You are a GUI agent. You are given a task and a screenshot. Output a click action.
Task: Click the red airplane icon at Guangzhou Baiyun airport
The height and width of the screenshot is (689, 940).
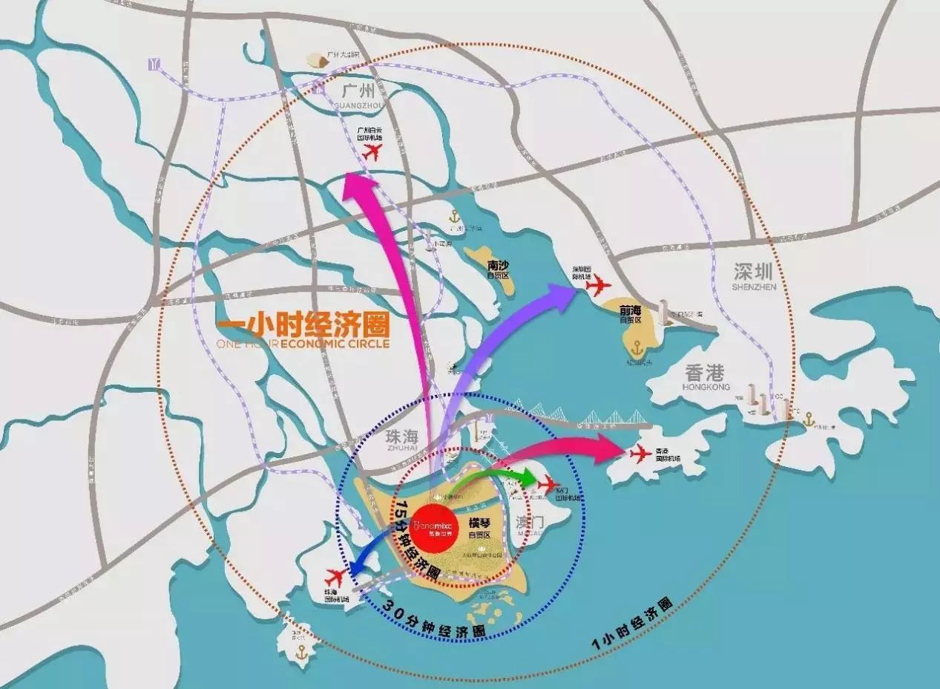pyautogui.click(x=372, y=152)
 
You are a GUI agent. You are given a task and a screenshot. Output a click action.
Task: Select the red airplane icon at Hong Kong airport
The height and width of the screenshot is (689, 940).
pyautogui.click(x=640, y=452)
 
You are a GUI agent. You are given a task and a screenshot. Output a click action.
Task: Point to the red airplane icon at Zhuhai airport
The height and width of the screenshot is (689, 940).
pyautogui.click(x=335, y=576)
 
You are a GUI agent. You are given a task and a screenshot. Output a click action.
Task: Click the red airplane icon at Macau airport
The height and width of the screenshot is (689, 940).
pyautogui.click(x=548, y=484)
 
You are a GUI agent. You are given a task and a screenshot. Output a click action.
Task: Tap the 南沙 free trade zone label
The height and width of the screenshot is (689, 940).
pyautogui.click(x=499, y=267)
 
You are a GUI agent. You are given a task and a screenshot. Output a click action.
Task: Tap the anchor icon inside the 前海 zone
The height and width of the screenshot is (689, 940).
pyautogui.click(x=636, y=347)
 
